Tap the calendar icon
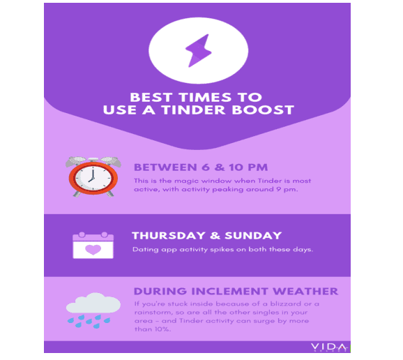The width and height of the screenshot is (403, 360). [x=93, y=246]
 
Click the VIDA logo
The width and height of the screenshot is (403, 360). [x=328, y=347]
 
